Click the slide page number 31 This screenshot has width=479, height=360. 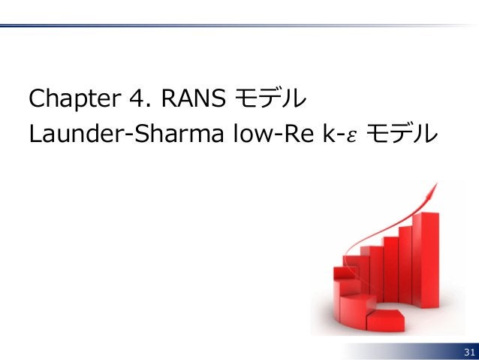469,352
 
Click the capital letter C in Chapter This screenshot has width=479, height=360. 34,98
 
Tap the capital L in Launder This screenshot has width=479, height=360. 32,134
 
